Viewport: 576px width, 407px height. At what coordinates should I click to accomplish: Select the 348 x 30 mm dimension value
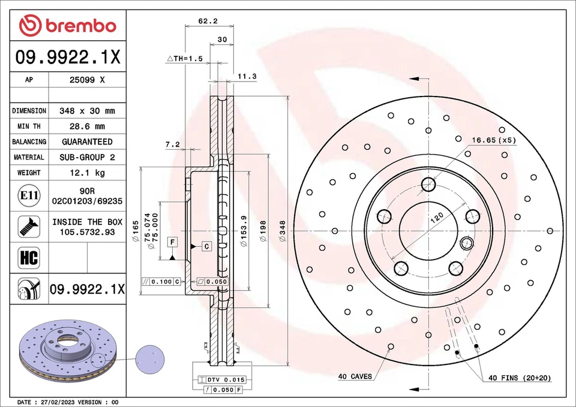click(x=88, y=111)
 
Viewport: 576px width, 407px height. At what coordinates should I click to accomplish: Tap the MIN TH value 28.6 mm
click(x=88, y=126)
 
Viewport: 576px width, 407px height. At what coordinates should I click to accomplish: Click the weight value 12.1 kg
click(x=88, y=173)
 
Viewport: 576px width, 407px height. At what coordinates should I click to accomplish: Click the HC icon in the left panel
click(x=29, y=258)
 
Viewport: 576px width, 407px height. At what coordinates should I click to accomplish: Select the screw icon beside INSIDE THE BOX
click(x=29, y=226)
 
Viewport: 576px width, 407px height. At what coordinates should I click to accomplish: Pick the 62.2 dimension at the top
click(x=208, y=21)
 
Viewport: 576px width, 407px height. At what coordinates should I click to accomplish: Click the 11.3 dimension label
click(x=247, y=76)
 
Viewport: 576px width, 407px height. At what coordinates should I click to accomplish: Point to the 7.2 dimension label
click(x=172, y=144)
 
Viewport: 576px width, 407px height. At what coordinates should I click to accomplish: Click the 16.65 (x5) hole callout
click(x=493, y=140)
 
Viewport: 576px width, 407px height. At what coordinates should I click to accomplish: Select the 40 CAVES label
click(x=355, y=376)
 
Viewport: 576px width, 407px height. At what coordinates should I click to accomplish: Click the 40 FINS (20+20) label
click(x=520, y=378)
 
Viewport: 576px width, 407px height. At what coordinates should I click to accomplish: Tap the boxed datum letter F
click(x=172, y=242)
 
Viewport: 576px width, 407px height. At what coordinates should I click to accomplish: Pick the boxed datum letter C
click(x=206, y=246)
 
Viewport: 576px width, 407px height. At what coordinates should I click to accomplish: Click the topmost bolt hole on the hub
click(x=428, y=184)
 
